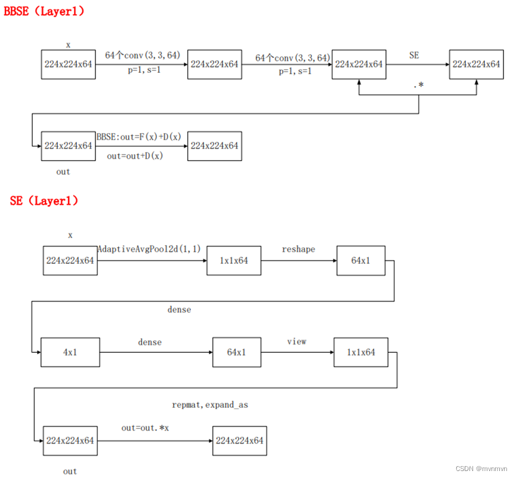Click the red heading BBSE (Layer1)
44,11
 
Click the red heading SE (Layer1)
44,201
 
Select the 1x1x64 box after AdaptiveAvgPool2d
234,260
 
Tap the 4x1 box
70,352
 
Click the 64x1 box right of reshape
360,260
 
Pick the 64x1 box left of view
237,352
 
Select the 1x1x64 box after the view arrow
360,352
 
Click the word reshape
298,249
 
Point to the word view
296,341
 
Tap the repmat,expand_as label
210,405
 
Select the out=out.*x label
146,428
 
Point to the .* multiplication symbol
418,85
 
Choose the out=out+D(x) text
135,156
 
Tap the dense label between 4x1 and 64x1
150,342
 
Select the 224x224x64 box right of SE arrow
476,64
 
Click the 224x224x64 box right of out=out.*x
240,441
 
